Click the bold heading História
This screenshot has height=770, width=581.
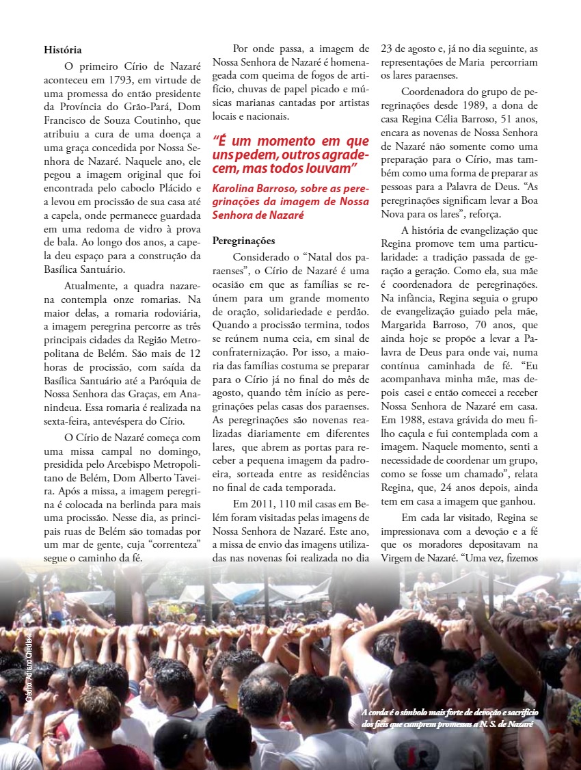tap(63, 49)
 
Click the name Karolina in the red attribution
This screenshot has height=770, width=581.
tap(236, 188)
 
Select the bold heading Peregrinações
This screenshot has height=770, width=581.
tap(244, 241)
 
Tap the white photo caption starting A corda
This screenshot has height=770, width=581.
tap(447, 717)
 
